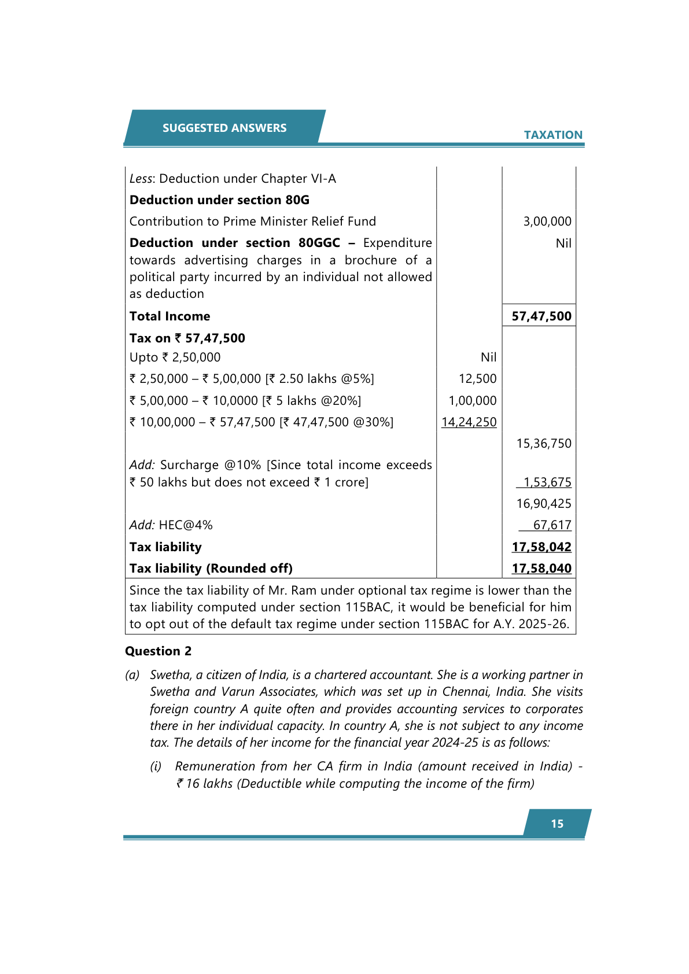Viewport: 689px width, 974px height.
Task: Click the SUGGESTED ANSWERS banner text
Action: point(224,128)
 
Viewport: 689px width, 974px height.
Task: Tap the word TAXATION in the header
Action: point(553,135)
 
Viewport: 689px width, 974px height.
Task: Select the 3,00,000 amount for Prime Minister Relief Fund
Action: point(547,222)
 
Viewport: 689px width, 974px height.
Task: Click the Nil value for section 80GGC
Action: point(563,244)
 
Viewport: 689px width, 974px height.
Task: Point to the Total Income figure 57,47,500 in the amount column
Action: point(541,316)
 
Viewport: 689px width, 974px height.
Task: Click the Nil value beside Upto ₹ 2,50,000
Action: point(488,357)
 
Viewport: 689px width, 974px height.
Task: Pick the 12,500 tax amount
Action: point(477,379)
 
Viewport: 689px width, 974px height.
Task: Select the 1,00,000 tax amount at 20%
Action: point(472,401)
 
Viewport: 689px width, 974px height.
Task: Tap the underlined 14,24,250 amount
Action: point(469,422)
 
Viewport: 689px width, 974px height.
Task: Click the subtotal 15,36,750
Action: point(543,444)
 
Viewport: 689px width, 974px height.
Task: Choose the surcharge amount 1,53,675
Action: point(547,482)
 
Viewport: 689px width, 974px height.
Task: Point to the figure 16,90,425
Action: point(543,504)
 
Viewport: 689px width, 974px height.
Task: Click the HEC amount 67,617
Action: point(552,525)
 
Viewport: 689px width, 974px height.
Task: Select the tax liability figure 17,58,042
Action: point(541,547)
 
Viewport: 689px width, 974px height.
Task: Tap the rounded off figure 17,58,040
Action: point(541,569)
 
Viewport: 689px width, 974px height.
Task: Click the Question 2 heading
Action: point(158,651)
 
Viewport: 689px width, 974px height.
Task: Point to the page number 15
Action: point(557,824)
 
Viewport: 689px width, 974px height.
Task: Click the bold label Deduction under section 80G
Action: point(219,200)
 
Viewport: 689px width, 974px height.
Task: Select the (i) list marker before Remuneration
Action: point(156,766)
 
